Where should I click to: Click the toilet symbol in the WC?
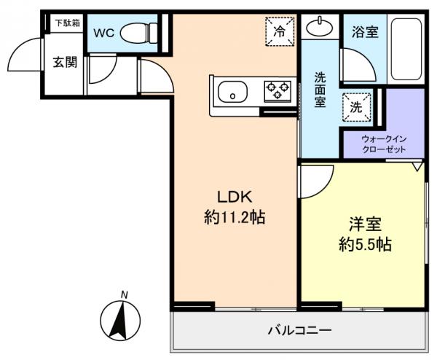(x=139, y=33)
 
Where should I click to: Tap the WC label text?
(x=104, y=34)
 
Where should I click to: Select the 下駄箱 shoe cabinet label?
(x=68, y=23)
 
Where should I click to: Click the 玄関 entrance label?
(x=65, y=62)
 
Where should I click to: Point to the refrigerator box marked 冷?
(x=280, y=31)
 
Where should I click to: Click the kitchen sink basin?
(x=232, y=92)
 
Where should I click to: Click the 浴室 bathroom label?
(x=365, y=31)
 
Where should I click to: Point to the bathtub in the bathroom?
(x=406, y=49)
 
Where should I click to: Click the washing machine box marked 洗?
(x=357, y=107)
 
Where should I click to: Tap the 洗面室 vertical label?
(x=320, y=90)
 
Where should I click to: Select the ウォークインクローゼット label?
(x=384, y=144)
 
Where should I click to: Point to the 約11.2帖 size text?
(x=235, y=217)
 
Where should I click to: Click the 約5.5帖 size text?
(x=365, y=245)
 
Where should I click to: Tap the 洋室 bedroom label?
(x=365, y=224)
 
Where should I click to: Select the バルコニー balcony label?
(x=300, y=331)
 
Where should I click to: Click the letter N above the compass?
(x=125, y=294)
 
